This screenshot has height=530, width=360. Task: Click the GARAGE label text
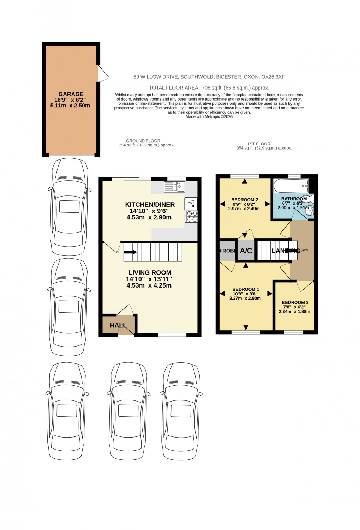pos(71,94)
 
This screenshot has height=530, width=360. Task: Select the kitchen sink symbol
pos(174,187)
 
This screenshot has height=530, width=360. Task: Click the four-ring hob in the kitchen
pos(192,216)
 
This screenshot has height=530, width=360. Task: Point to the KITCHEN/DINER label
pos(150,205)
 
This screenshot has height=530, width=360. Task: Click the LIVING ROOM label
pos(150,272)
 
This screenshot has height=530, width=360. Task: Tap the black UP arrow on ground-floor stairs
pos(130,252)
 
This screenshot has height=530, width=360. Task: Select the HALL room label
pos(118,325)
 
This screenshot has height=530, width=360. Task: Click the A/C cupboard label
pos(246,251)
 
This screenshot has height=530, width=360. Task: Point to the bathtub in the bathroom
pos(291,185)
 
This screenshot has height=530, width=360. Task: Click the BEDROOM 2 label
pos(245,200)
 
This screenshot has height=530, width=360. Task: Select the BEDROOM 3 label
pos(295,302)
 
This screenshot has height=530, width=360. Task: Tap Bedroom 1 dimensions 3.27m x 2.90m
pos(245,298)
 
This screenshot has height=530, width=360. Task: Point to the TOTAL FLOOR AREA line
pos(209,88)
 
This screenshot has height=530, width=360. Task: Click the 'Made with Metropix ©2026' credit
pos(209,117)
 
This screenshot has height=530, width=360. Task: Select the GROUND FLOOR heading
pos(143,141)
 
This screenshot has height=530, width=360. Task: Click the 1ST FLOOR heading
pos(259,144)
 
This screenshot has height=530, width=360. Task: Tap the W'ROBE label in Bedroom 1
pos(227,251)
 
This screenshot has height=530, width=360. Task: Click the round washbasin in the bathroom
pos(310,210)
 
